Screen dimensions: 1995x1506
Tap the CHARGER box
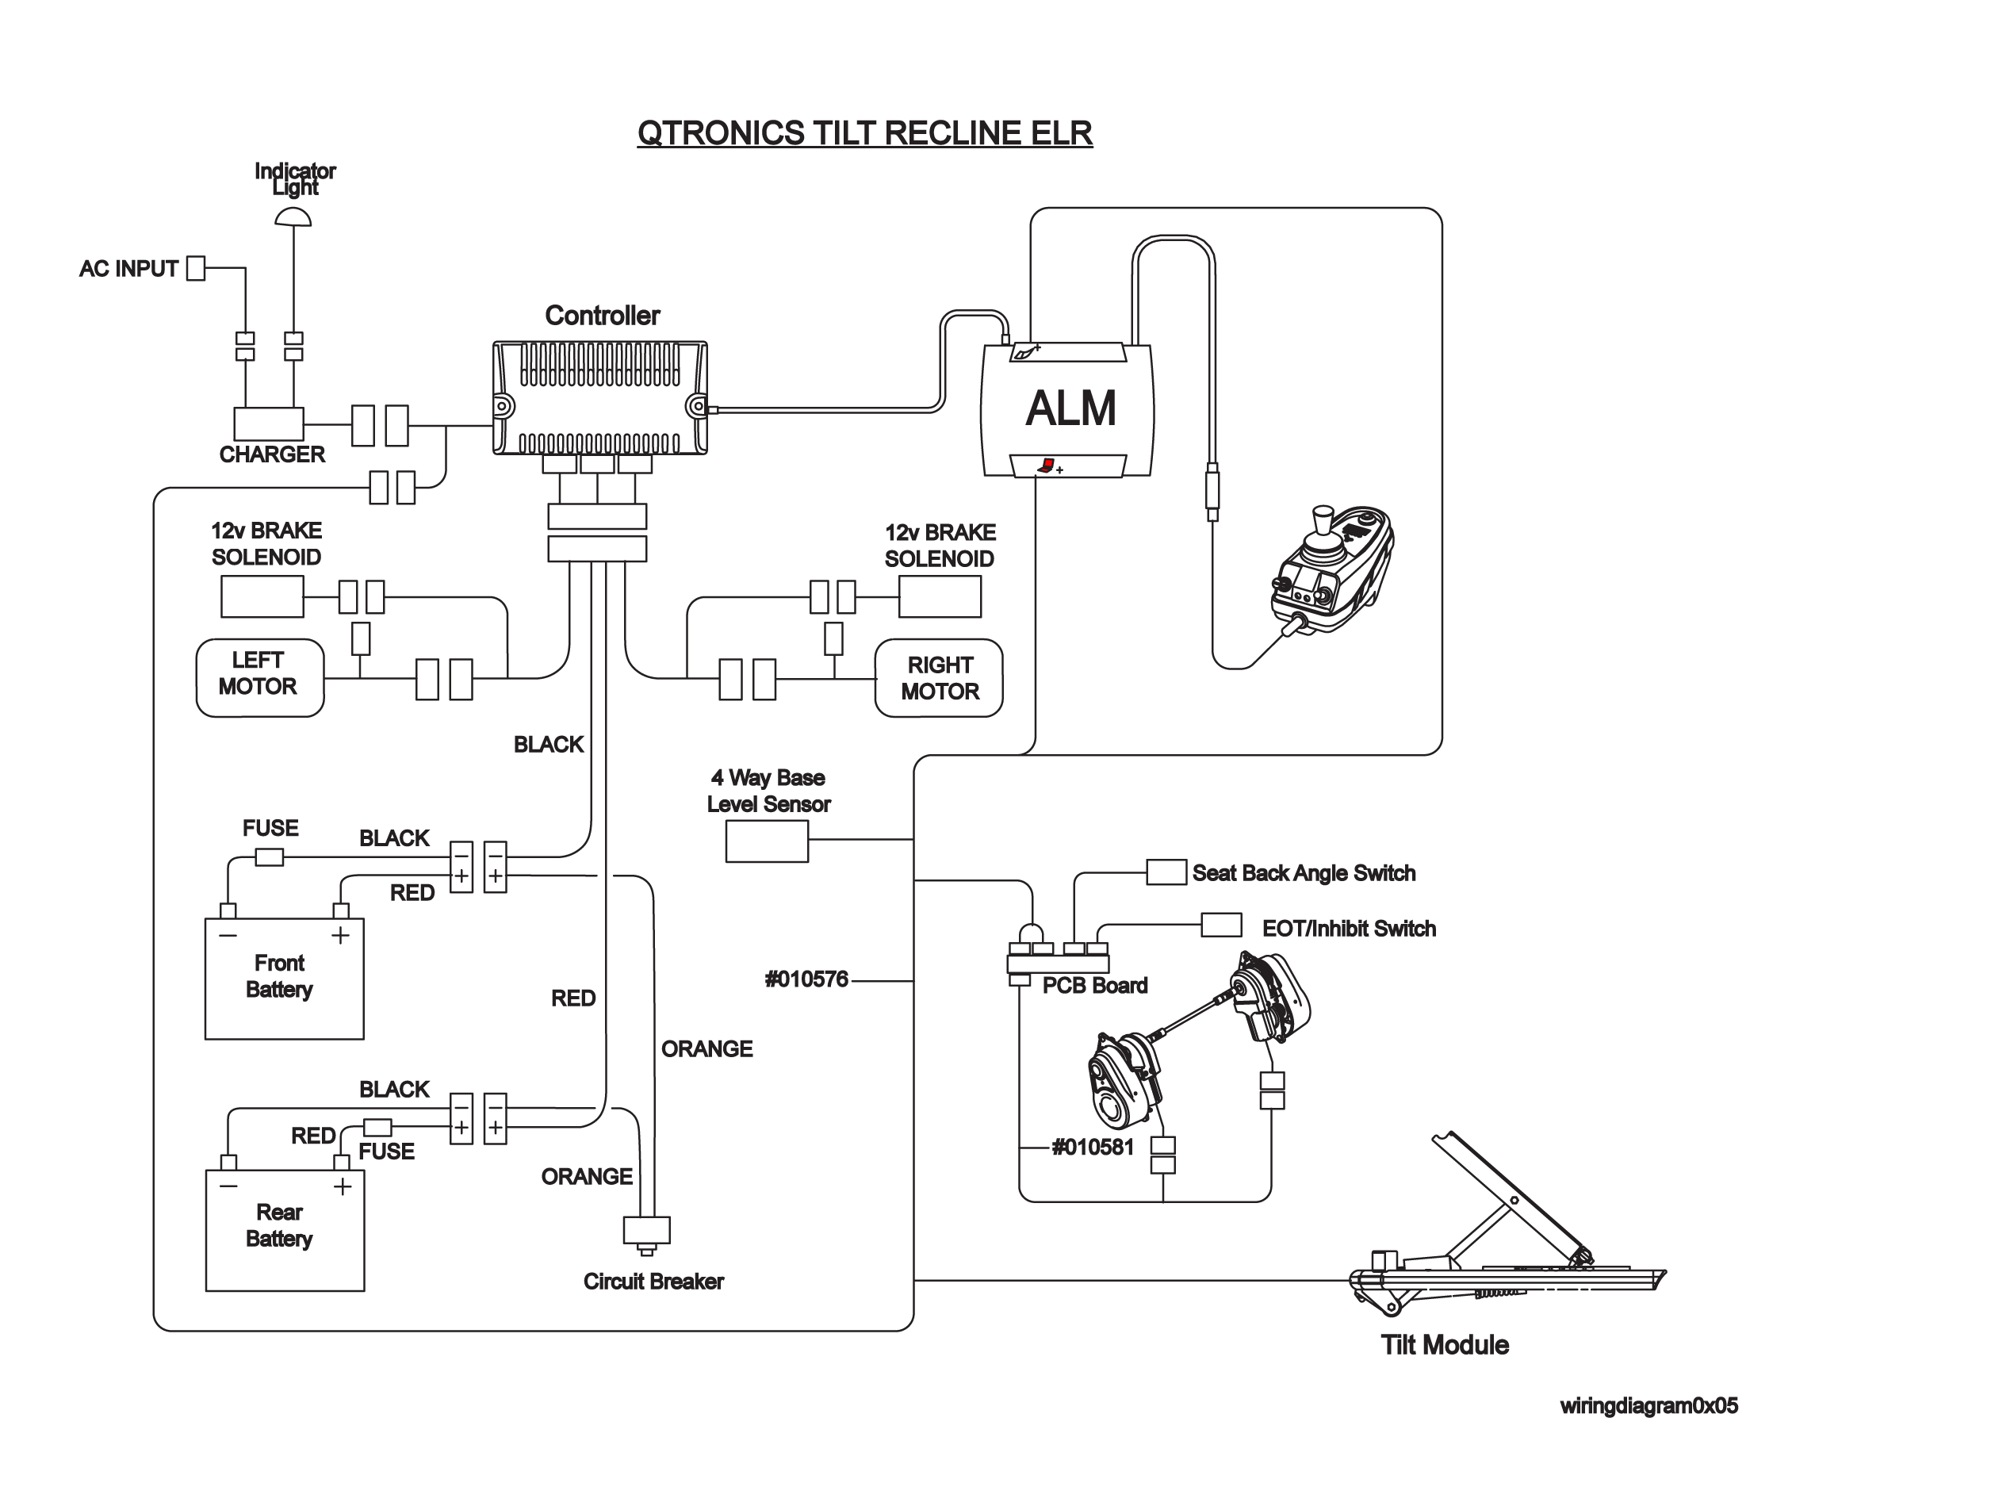pyautogui.click(x=269, y=423)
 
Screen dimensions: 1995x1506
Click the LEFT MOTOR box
pyautogui.click(x=260, y=678)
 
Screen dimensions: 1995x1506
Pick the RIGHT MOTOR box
pyautogui.click(x=939, y=678)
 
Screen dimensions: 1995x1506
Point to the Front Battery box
pyautogui.click(x=284, y=979)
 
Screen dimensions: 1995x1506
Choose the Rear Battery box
pyautogui.click(x=285, y=1230)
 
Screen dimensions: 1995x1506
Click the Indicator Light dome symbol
pyautogui.click(x=293, y=217)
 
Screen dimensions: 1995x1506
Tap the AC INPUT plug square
pyautogui.click(x=196, y=268)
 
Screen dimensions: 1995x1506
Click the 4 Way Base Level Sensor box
pyautogui.click(x=767, y=842)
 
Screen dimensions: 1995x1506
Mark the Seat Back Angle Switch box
pyautogui.click(x=1166, y=872)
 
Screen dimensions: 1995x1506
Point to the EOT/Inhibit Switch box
pyautogui.click(x=1221, y=925)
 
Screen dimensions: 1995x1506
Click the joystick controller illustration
pyautogui.click(x=1332, y=570)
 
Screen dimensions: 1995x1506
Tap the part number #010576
pyautogui.click(x=806, y=979)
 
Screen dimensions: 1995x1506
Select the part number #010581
pyautogui.click(x=1092, y=1147)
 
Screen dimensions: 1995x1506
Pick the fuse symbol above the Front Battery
pyautogui.click(x=269, y=856)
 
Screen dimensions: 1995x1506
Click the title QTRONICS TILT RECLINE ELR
pyautogui.click(x=865, y=133)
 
